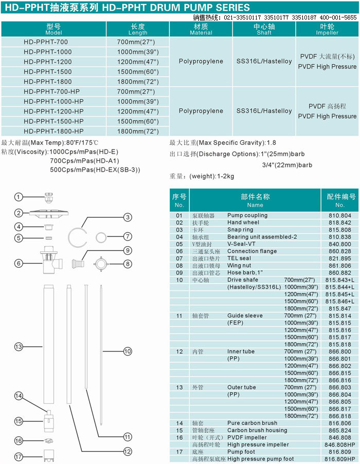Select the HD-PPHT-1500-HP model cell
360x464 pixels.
click(53, 121)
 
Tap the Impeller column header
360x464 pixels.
click(327, 29)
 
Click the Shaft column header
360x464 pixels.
click(264, 29)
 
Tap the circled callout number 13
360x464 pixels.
click(19, 347)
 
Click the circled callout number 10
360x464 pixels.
click(127, 351)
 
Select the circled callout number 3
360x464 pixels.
click(127, 217)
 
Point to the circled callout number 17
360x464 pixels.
click(19, 456)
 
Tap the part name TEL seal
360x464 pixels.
click(239, 258)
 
